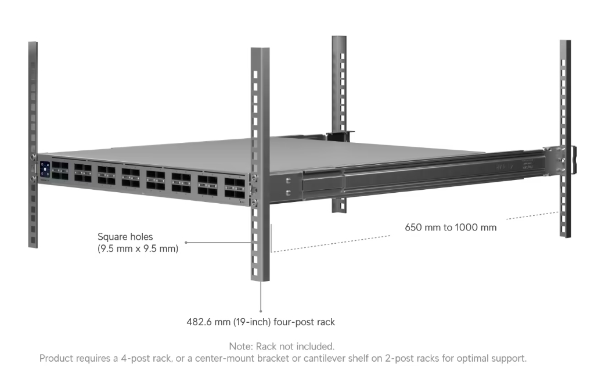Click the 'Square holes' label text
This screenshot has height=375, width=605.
coord(125,236)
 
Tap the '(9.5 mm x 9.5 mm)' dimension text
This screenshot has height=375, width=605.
coord(138,248)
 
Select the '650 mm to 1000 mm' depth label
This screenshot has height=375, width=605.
coord(451,227)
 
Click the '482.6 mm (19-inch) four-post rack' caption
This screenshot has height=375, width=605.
coord(261,322)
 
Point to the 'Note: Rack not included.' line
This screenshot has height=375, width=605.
coord(282,346)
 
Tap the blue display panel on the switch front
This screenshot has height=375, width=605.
coord(45,170)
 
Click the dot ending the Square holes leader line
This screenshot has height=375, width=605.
coord(186,242)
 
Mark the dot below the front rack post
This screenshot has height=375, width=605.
coord(261,311)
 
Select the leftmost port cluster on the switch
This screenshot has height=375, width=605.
coord(60,171)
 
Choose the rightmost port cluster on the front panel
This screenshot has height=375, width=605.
coord(235,188)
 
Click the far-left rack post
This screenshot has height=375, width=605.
coord(33,145)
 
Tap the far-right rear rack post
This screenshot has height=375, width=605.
coord(565,139)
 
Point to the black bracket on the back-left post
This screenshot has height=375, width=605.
coord(340,136)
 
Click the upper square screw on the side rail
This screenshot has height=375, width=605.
coord(288,181)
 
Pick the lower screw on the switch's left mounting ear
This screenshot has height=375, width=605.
coord(33,179)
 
